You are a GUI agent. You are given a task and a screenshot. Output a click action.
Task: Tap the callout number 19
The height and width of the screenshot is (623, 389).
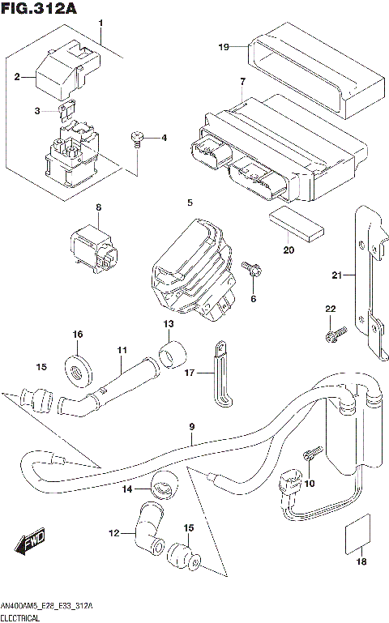click(x=224, y=47)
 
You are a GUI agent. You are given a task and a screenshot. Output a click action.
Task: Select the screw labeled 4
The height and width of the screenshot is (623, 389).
click(x=137, y=139)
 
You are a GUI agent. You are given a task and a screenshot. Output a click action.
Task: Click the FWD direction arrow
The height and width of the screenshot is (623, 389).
click(x=30, y=540)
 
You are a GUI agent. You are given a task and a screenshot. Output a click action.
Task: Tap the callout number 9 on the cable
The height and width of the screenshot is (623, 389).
click(x=193, y=427)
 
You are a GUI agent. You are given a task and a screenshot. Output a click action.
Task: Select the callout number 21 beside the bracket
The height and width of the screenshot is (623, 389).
click(x=337, y=276)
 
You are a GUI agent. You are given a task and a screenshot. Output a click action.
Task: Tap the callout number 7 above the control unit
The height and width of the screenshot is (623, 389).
click(x=242, y=82)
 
